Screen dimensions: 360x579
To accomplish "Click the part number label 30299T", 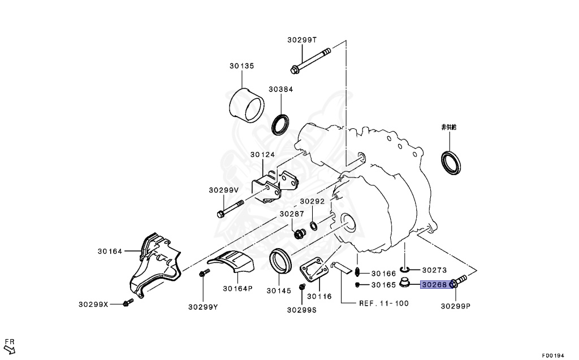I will click(x=302, y=40).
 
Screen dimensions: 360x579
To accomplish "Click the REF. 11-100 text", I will click(x=383, y=303).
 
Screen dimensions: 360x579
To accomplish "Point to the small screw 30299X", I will click(x=127, y=304).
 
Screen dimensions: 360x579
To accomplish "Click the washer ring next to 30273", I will click(x=404, y=270).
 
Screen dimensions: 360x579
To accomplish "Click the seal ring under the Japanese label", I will click(x=451, y=162).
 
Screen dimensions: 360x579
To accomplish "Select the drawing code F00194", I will click(x=554, y=355).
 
